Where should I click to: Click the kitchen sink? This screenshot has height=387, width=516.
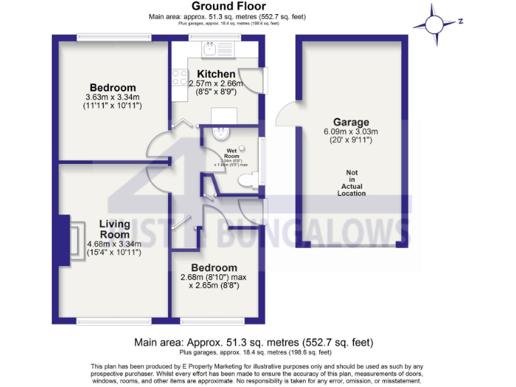[210, 48]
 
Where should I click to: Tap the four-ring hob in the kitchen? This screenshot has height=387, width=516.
[179, 78]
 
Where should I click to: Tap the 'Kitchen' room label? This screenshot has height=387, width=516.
[216, 74]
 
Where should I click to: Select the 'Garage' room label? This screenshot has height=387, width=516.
[351, 122]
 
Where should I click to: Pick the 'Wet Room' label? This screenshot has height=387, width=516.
[232, 153]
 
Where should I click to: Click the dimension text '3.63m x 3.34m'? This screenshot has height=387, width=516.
[113, 97]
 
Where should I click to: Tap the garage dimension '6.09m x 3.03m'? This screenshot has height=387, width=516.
[351, 132]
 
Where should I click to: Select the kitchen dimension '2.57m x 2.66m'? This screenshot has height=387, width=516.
[216, 83]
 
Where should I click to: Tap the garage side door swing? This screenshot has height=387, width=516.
[285, 112]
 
